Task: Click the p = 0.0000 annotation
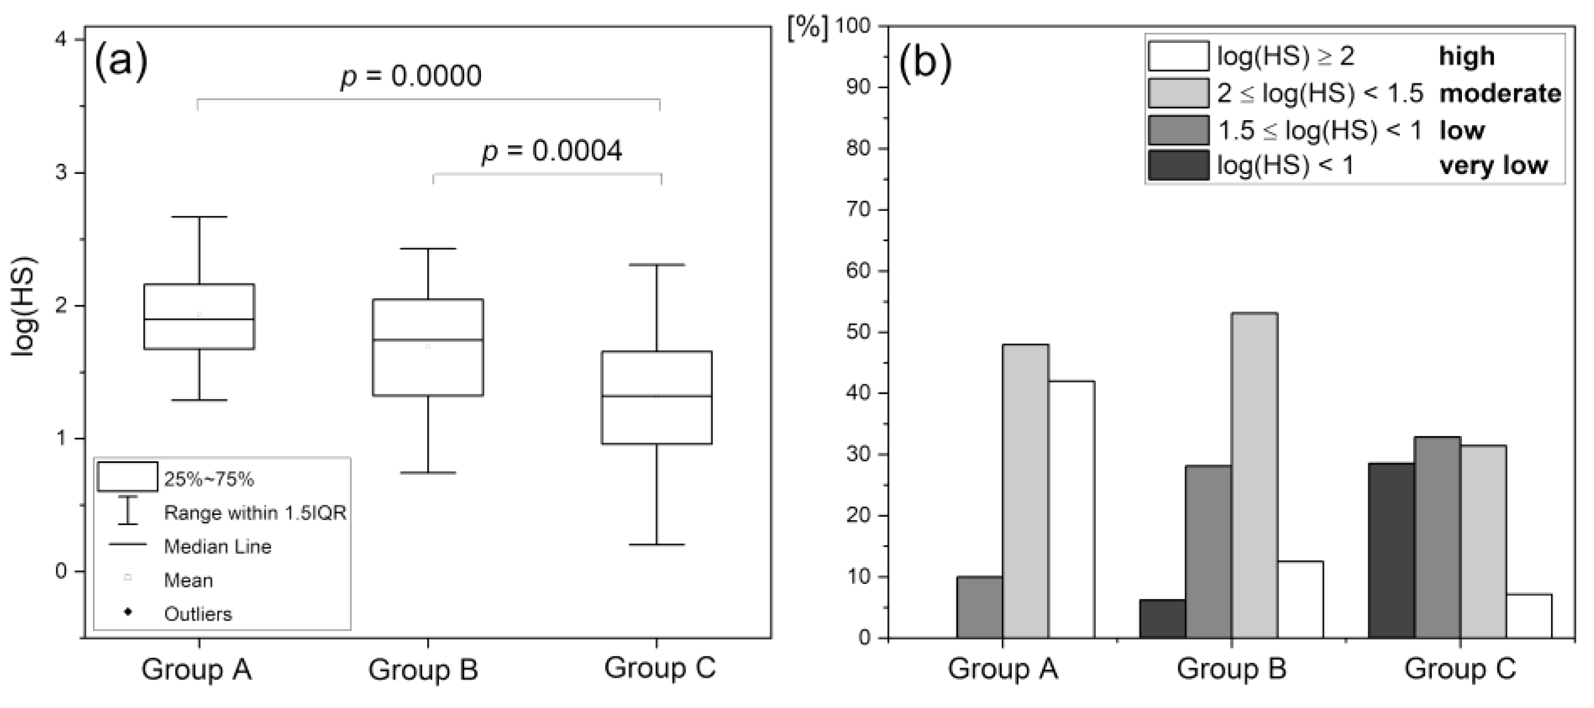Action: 411,76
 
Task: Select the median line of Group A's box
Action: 199,319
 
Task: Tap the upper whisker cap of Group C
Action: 657,265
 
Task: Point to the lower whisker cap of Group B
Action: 428,473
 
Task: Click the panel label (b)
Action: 925,63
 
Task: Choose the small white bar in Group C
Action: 1529,615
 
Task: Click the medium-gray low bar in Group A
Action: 979,607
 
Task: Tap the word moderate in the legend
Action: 1500,93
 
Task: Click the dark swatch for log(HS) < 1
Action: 1178,165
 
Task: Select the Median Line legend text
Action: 217,547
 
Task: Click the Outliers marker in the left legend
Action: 128,613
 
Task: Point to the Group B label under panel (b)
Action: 1232,669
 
